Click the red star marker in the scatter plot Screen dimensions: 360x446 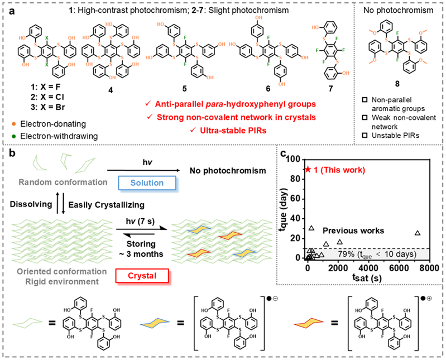(x=308, y=169)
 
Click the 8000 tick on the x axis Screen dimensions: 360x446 (x=429, y=267)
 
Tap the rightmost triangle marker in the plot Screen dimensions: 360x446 (x=418, y=233)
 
